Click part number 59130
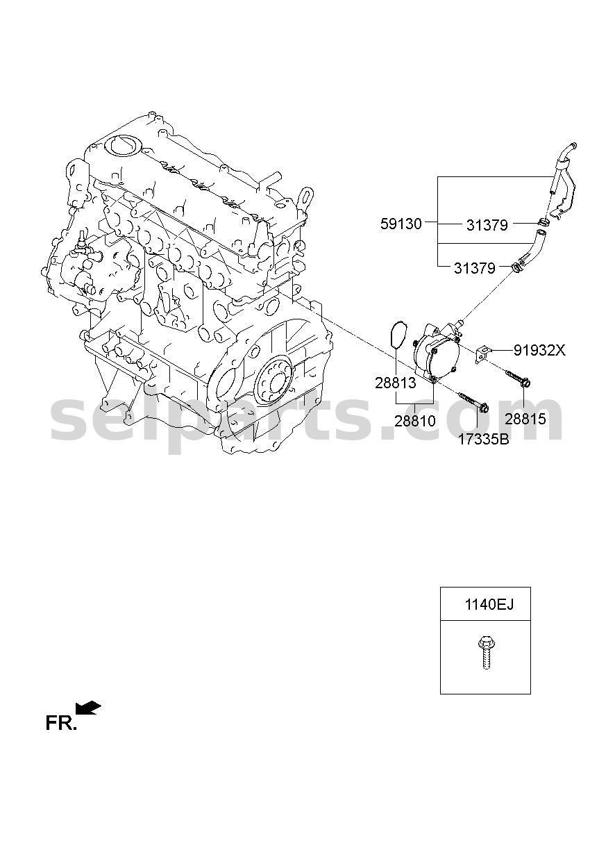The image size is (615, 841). pos(401,224)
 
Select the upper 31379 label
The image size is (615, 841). pos(487,225)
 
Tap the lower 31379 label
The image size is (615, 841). pos(474,268)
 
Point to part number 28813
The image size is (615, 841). pos(396,383)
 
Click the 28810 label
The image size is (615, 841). pos(415,422)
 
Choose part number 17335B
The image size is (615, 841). pos(483,439)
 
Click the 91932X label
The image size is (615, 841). pos(539,350)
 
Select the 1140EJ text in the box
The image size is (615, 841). pos(489,605)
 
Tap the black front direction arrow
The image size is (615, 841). pos(88,708)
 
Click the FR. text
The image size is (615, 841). pos(61,723)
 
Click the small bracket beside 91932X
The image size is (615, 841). pos(483,355)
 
